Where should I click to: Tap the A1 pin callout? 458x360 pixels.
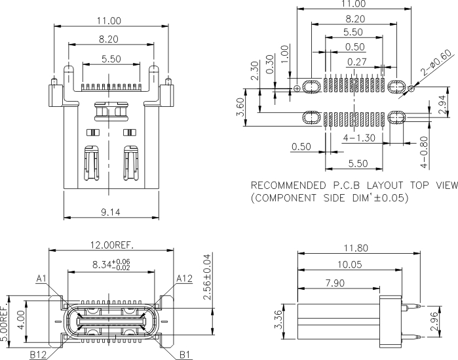(41, 279)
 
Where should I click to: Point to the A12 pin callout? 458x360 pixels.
(184, 279)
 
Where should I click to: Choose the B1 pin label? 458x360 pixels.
(186, 355)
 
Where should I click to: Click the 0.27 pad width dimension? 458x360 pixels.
(356, 62)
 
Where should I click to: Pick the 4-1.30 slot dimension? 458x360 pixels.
(359, 138)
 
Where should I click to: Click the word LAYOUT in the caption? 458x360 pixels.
(388, 184)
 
